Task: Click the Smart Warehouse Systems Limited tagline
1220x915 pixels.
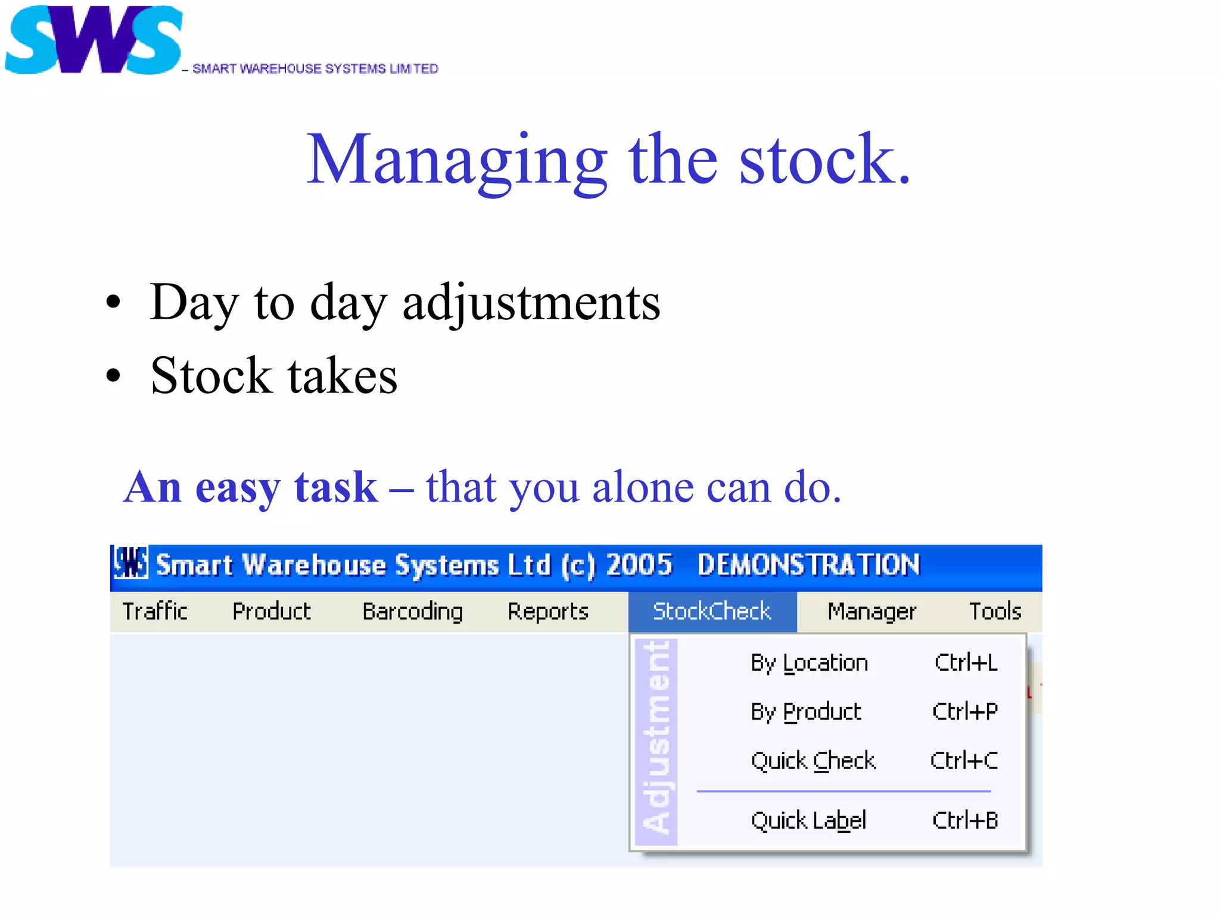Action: pos(315,69)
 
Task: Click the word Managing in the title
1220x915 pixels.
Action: pos(456,160)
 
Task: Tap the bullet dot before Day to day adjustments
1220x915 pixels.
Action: pos(113,303)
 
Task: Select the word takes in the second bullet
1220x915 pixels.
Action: pos(343,376)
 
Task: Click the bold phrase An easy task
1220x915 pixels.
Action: pos(250,487)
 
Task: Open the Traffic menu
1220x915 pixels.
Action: pos(155,611)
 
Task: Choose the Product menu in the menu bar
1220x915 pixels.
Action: pos(272,611)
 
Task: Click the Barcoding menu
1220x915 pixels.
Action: pos(412,611)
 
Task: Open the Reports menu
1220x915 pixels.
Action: pos(548,611)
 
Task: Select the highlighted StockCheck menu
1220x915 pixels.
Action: pos(712,611)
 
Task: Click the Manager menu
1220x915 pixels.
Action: pos(872,611)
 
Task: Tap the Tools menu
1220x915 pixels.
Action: pos(995,611)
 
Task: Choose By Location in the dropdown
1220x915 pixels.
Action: pos(809,663)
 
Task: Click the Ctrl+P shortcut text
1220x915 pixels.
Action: pos(965,712)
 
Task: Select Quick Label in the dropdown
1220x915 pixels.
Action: pos(808,821)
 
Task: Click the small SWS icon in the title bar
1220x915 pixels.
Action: pos(130,563)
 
